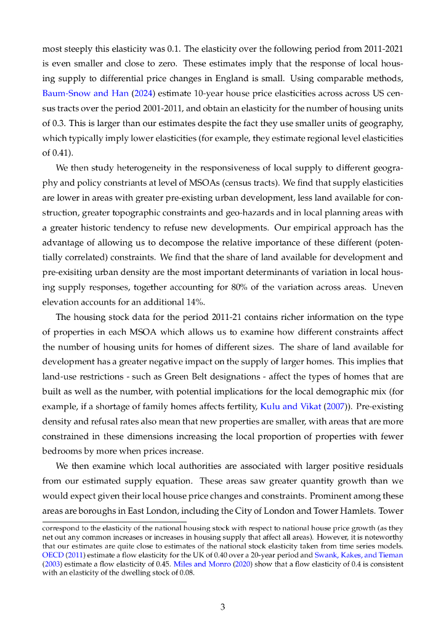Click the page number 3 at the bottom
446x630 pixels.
pos(223,607)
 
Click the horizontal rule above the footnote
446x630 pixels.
pos(114,522)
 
